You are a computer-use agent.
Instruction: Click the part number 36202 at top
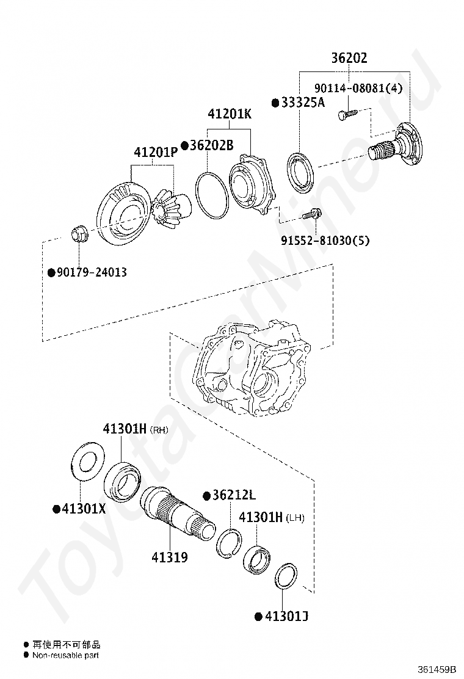[x=349, y=59]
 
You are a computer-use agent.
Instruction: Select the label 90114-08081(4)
[x=358, y=88]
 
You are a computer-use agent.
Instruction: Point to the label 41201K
[x=229, y=114]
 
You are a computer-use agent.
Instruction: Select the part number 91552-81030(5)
[x=325, y=241]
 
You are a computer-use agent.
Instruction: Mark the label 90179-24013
[x=92, y=272]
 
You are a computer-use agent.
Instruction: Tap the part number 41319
[x=170, y=557]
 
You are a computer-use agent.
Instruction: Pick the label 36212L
[x=233, y=495]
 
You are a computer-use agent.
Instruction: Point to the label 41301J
[x=285, y=617]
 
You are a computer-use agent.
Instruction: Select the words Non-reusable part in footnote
[x=65, y=655]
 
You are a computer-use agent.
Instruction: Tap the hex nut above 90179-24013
[x=79, y=233]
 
